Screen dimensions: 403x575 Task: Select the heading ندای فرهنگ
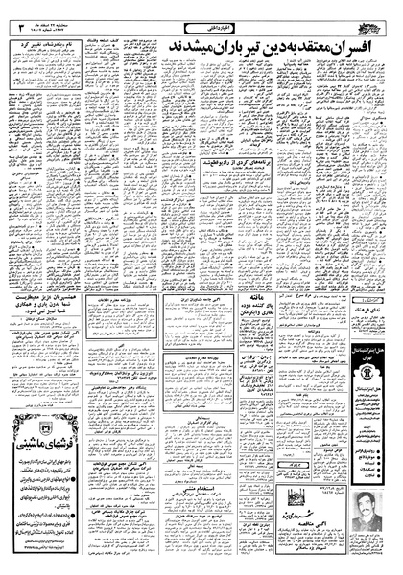click(x=377, y=329)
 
